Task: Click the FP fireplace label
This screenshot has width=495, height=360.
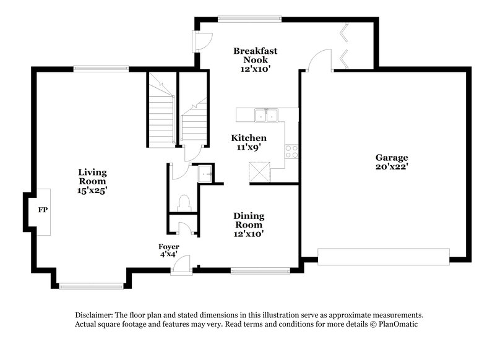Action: click(43, 210)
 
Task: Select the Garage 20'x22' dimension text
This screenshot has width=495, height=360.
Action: click(391, 166)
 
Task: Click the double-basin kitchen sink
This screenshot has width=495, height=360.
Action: click(267, 115)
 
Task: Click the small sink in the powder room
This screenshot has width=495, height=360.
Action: click(204, 175)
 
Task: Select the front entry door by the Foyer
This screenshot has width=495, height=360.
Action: click(181, 265)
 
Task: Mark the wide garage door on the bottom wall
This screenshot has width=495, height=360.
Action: click(383, 256)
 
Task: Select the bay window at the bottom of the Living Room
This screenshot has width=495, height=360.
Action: click(90, 286)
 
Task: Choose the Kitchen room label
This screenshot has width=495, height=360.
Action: click(249, 138)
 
